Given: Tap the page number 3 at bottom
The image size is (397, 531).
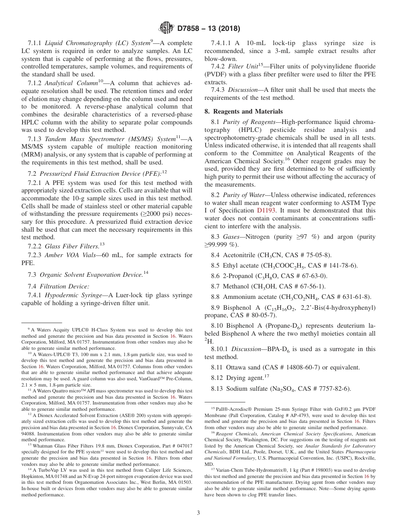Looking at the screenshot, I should tap(198, 513).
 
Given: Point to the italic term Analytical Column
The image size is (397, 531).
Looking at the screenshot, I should tap(74, 83).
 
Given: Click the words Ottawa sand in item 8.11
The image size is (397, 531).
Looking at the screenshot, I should tap(244, 367).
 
